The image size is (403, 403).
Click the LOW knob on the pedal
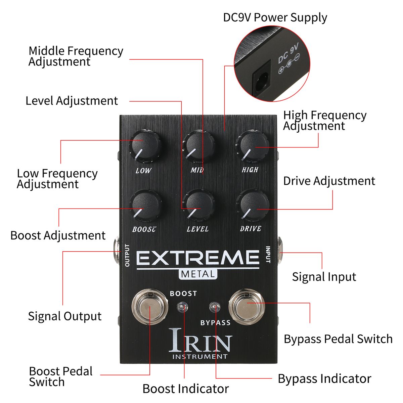point(145,146)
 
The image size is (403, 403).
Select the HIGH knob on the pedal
point(252,146)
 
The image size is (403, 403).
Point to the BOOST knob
point(145,206)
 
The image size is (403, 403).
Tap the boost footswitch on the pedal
point(150,307)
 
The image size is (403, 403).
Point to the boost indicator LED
point(183,307)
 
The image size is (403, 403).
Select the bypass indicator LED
point(215,307)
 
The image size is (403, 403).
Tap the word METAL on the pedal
point(197,274)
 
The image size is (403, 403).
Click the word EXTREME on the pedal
point(198,258)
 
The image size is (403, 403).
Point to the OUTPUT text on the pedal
point(127,255)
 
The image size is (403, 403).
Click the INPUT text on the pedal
point(268,254)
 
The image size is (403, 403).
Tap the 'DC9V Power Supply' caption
point(275,17)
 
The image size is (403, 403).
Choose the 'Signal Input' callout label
point(324,277)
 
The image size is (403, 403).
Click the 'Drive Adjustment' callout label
point(329,181)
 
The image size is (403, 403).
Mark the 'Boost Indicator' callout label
point(185,389)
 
